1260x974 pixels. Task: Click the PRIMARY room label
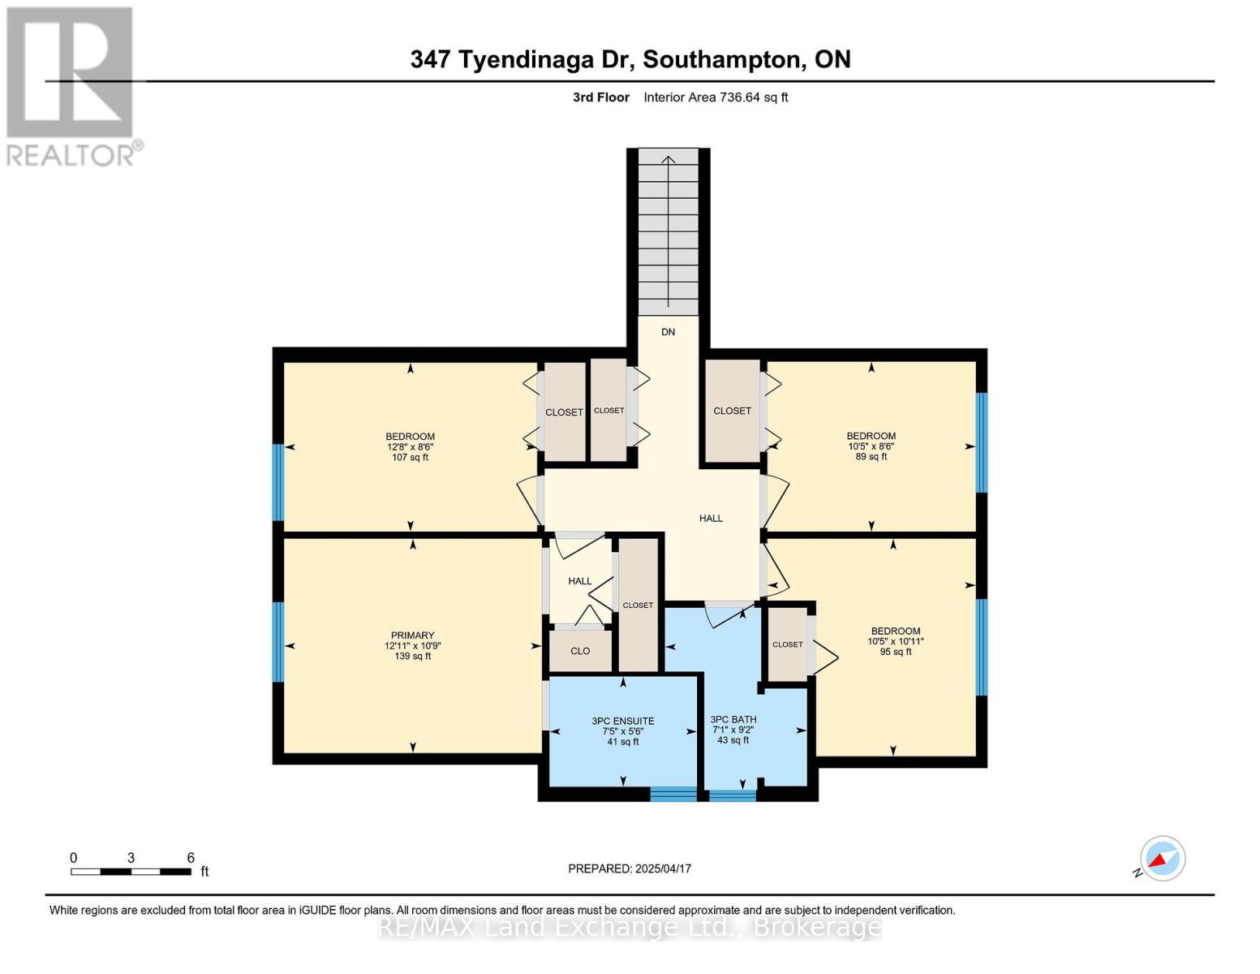coord(413,645)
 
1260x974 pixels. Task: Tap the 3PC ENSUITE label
coord(622,730)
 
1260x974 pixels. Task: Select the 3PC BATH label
coord(733,729)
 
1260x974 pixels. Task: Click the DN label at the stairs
coord(668,332)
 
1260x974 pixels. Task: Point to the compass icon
coord(1162,859)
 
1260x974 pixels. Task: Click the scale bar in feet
coord(131,872)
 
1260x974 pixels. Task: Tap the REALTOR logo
coord(71,86)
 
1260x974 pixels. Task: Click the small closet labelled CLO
coord(580,651)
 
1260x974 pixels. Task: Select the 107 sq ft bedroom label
coord(411,446)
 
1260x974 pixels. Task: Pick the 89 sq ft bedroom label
coord(871,446)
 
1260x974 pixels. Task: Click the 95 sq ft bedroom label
coord(896,640)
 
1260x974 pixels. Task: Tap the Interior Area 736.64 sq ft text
coord(716,97)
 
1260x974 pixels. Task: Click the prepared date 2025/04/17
coord(630,868)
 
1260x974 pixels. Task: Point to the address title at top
coord(630,59)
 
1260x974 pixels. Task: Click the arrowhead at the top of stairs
coord(668,159)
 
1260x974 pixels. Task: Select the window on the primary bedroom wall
coord(278,641)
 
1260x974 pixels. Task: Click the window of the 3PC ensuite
coord(673,794)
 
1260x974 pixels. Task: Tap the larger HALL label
coord(711,518)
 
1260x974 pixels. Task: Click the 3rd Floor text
coord(600,97)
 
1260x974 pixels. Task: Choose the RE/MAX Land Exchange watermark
coord(630,927)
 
